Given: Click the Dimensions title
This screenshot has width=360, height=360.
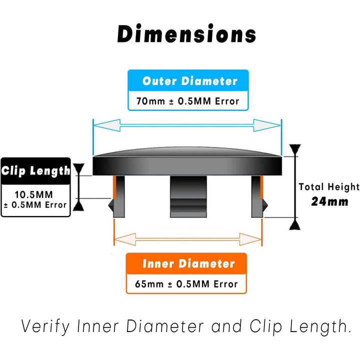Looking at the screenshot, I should pos(186,34).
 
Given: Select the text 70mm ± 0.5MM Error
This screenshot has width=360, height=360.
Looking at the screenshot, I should pos(187,101).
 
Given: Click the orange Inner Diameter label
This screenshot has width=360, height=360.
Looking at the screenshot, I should pos(187,263).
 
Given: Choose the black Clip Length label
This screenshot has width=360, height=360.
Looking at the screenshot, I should pos(35,170).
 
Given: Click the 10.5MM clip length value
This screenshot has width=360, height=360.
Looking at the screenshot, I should pos(35,193).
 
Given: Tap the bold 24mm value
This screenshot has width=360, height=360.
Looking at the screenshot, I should pos(329,201).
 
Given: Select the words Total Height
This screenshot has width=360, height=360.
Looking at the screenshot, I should pos(329,187).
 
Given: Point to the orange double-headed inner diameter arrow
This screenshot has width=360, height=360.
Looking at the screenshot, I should pos(187,239).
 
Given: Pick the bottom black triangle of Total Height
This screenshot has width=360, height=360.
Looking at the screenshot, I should pos(295,223).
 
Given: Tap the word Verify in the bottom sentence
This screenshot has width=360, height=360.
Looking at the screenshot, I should pos(44,327).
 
